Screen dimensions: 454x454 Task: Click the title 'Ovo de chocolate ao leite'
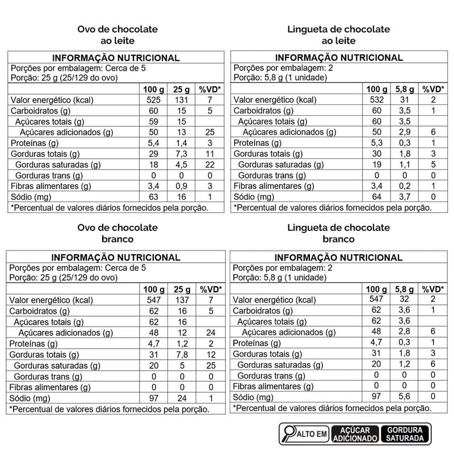[x=117, y=35]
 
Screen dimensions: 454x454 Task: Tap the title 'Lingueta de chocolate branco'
[x=339, y=233]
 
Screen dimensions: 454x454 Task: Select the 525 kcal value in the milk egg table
[x=154, y=100]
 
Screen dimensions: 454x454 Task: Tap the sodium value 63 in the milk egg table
[x=154, y=197]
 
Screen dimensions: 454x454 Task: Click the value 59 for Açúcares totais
[x=154, y=121]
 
